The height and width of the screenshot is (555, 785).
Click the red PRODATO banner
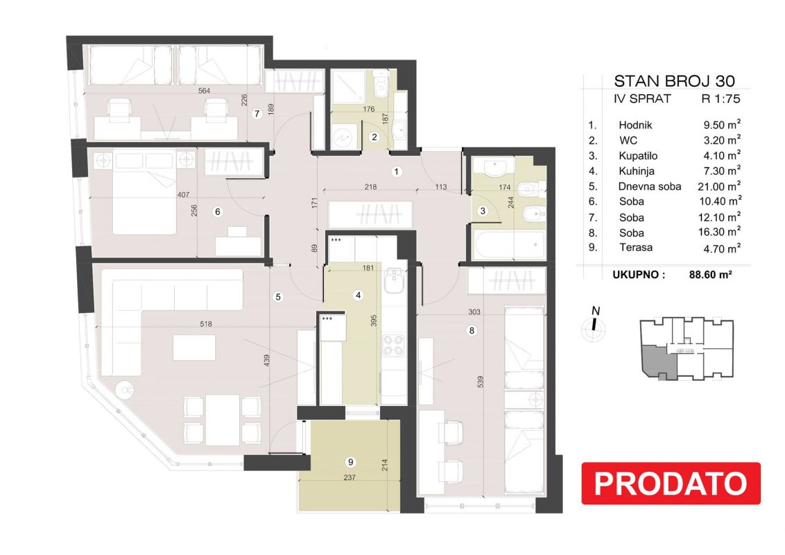click(671, 484)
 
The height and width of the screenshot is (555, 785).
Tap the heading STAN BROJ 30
click(674, 81)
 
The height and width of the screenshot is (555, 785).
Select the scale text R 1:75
click(721, 99)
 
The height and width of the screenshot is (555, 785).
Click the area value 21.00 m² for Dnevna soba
click(719, 186)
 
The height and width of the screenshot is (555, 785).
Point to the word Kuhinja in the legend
click(637, 171)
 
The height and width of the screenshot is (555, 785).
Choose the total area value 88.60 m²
click(710, 275)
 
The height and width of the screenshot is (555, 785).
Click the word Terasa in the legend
click(636, 248)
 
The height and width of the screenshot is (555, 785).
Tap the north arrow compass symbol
click(594, 325)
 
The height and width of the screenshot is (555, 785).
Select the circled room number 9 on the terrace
click(350, 462)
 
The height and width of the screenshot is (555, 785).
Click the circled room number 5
click(278, 297)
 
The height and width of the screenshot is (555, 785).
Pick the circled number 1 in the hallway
click(397, 172)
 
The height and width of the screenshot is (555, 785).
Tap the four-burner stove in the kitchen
click(393, 345)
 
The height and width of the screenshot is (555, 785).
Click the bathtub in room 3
click(508, 245)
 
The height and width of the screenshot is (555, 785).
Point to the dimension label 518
click(206, 324)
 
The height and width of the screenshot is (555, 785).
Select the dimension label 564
click(205, 91)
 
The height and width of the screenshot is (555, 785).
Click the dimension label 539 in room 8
click(481, 382)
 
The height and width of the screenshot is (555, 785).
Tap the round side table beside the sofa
click(125, 389)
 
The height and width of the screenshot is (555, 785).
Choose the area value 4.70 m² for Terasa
click(721, 248)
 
